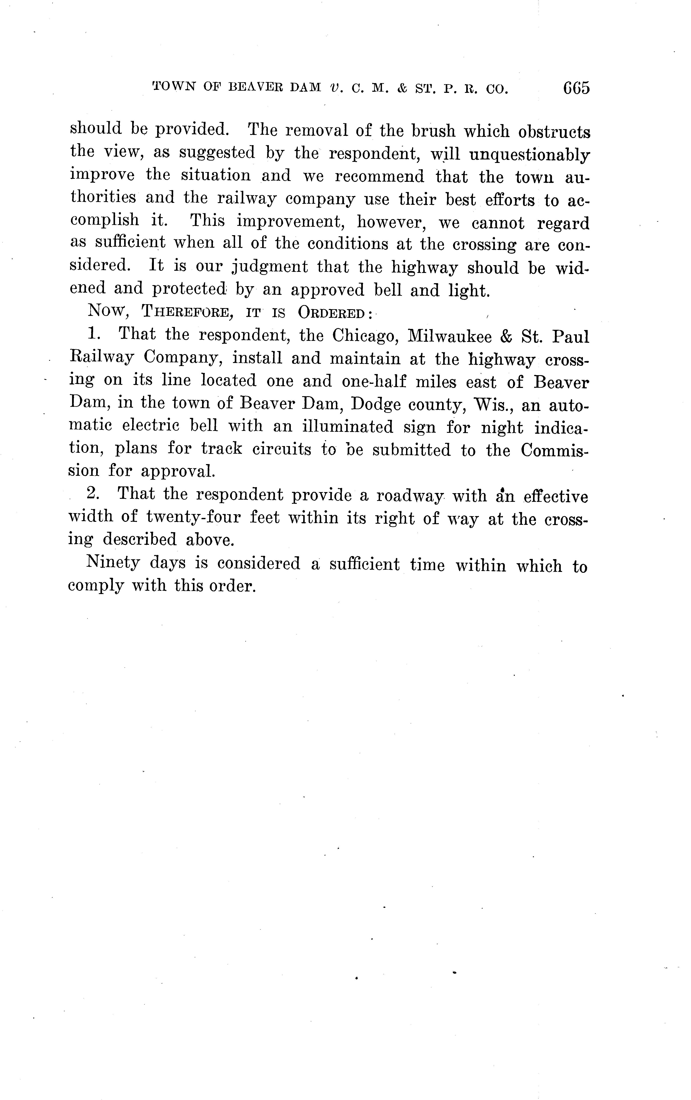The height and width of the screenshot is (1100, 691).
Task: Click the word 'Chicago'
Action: pos(364,336)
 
